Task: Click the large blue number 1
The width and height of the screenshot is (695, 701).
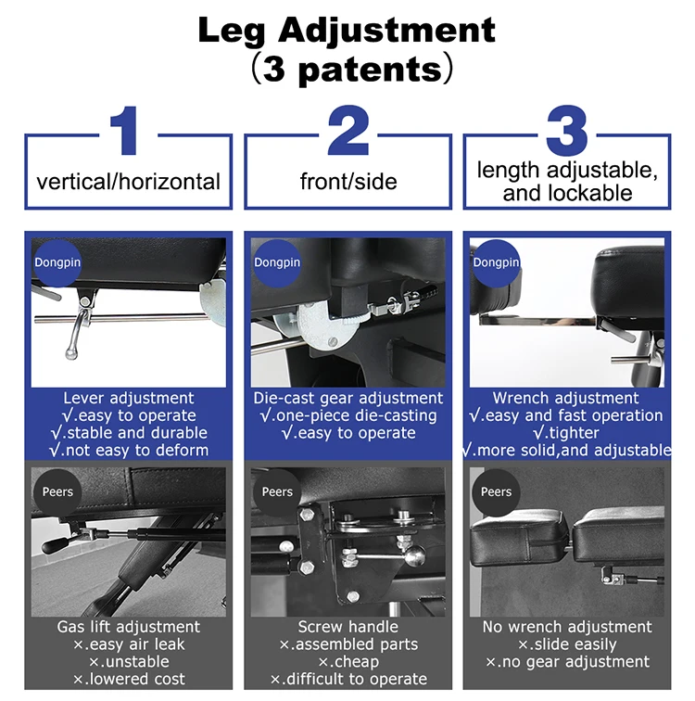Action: tap(124, 131)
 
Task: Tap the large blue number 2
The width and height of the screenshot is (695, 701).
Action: tap(348, 130)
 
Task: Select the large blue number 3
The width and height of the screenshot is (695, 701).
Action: tap(567, 131)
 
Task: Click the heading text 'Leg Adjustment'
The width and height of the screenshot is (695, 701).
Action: tap(347, 31)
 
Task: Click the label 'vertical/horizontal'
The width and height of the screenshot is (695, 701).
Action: tap(128, 182)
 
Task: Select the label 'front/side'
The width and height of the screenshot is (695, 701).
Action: tap(348, 182)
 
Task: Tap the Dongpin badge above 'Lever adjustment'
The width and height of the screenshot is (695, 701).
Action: tap(57, 262)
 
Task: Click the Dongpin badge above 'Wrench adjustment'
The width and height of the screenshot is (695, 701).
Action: tap(496, 262)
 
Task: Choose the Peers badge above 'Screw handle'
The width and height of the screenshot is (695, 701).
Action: tap(277, 491)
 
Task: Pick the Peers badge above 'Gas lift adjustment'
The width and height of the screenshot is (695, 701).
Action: tap(57, 491)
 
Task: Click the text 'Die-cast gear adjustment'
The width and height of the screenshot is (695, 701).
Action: tap(347, 398)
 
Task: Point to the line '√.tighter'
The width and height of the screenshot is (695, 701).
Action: tap(566, 433)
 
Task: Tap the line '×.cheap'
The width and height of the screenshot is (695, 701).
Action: tap(348, 662)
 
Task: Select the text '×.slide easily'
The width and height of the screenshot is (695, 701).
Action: tap(567, 644)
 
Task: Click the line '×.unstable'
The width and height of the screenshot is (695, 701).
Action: tap(129, 662)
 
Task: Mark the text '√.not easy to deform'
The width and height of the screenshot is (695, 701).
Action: tap(129, 451)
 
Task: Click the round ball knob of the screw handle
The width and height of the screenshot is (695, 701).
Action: tap(414, 555)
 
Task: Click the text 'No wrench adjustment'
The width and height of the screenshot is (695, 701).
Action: tap(567, 627)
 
